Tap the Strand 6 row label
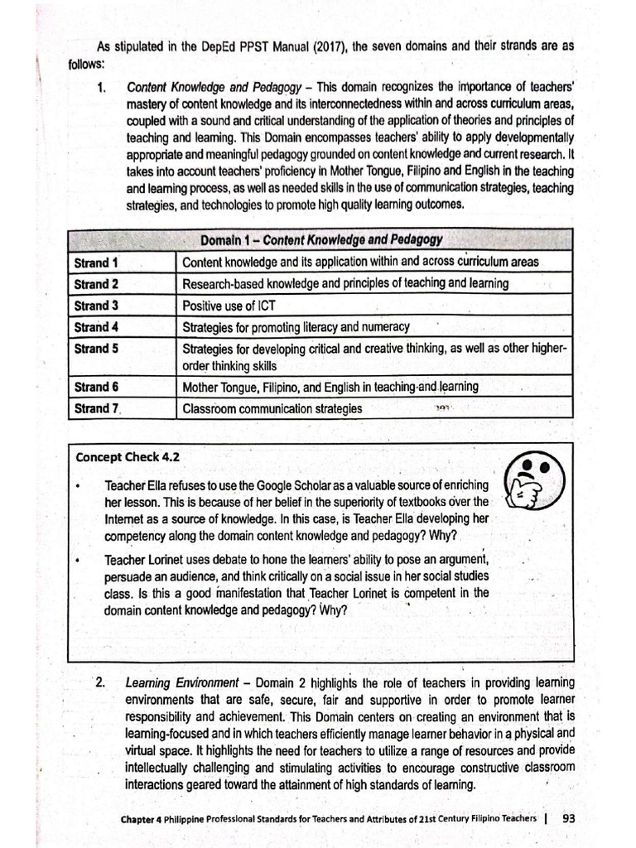pos(96,387)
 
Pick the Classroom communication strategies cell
pos(272,408)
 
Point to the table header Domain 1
pos(320,240)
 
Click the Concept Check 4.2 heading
pos(128,456)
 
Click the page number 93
pos(568,817)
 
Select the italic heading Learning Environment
pos(181,683)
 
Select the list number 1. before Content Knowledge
pos(104,87)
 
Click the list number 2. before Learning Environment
pos(100,683)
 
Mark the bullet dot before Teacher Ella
pos(77,486)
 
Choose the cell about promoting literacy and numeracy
pos(296,327)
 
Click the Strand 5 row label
pos(96,349)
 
